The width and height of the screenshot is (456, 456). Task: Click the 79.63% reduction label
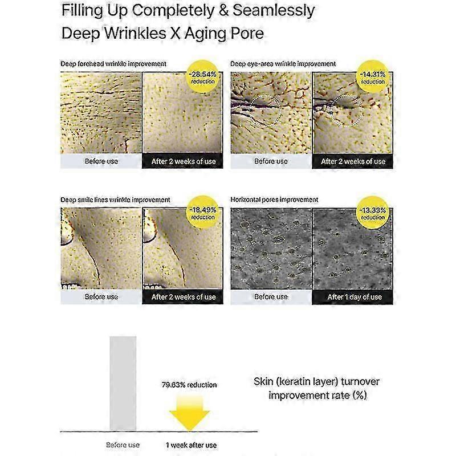point(189,385)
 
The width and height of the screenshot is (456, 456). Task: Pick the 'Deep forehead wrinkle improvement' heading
point(113,64)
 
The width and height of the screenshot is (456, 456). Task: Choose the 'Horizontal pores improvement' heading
point(274,199)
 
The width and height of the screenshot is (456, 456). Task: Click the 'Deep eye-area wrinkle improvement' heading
point(283,64)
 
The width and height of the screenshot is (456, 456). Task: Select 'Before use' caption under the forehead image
point(101,161)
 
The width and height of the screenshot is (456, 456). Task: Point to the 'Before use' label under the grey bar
point(123,445)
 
